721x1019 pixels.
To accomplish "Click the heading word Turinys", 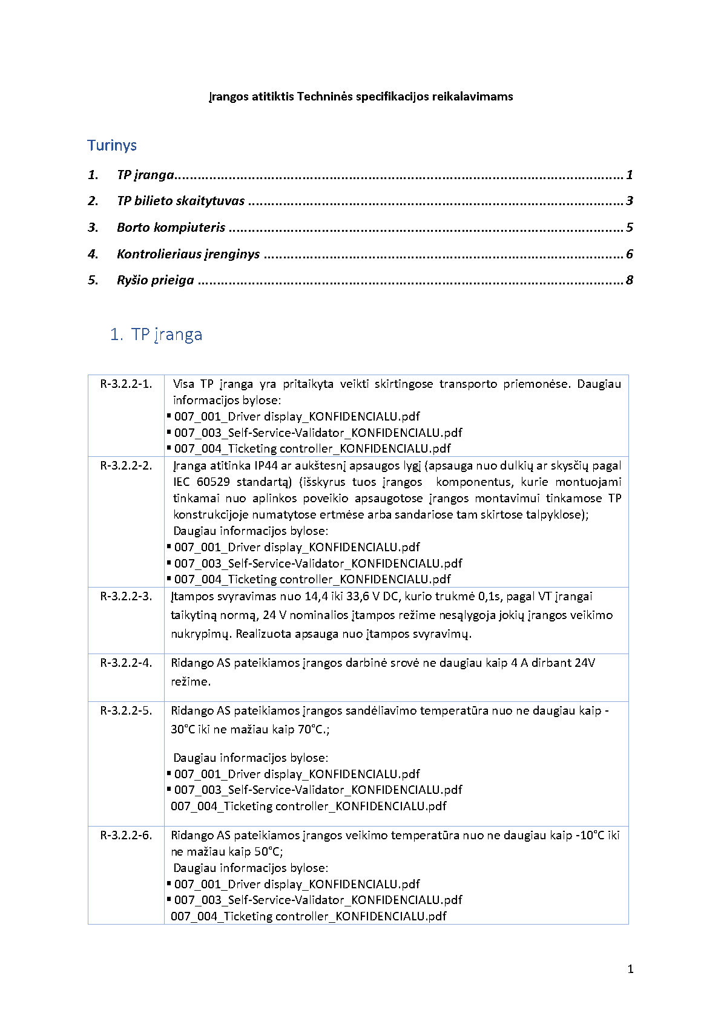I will tap(112, 145).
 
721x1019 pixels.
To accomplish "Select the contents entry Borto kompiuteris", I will tap(171, 228).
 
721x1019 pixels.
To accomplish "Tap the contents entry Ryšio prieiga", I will tap(155, 280).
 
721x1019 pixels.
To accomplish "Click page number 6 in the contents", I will tap(630, 254).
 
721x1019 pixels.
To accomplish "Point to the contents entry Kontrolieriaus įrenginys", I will tap(188, 254).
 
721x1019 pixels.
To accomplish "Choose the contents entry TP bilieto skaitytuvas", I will tap(180, 201).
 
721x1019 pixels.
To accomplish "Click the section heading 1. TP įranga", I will tap(156, 335).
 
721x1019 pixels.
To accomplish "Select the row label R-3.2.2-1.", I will tap(126, 384).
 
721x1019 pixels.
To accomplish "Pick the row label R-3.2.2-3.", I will tap(126, 597).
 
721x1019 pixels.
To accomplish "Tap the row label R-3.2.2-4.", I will tap(126, 663).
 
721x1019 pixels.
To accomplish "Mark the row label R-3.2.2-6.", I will tap(126, 836).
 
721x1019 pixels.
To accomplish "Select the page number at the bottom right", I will tap(630, 969).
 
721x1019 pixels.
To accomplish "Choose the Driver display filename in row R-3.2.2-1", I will tap(297, 416).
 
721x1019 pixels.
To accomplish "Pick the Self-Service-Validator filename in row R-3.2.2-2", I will tap(318, 563).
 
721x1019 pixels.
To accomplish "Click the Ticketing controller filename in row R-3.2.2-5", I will tap(309, 806).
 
